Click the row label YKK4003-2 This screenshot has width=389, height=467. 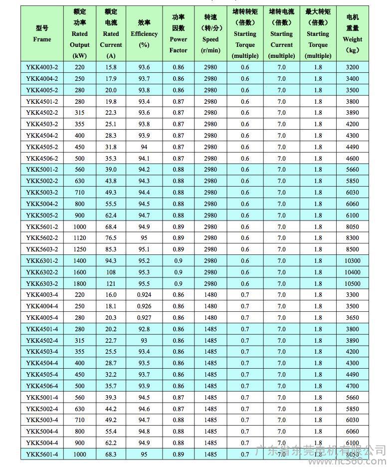point(42,67)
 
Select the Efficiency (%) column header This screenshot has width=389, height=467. point(144,33)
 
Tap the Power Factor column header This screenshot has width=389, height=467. point(178,33)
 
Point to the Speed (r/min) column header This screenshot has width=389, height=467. point(210,33)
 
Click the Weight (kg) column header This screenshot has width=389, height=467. point(353,33)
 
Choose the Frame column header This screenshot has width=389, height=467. point(42,33)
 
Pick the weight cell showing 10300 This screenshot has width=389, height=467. point(353,261)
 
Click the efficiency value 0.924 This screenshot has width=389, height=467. point(144,295)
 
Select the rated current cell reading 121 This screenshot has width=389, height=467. point(111,283)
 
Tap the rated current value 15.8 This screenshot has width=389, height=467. point(111,67)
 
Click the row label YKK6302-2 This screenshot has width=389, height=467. point(42,272)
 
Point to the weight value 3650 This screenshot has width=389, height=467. point(353,318)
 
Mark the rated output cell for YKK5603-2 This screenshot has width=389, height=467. point(80,249)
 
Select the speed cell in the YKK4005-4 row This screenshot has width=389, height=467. point(210,318)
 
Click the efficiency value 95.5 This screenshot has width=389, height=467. point(144,283)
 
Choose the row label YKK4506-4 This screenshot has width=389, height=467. point(42,386)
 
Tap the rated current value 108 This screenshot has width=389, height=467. point(111,272)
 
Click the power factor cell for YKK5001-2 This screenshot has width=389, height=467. point(178,170)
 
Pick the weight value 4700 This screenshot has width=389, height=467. point(353,386)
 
